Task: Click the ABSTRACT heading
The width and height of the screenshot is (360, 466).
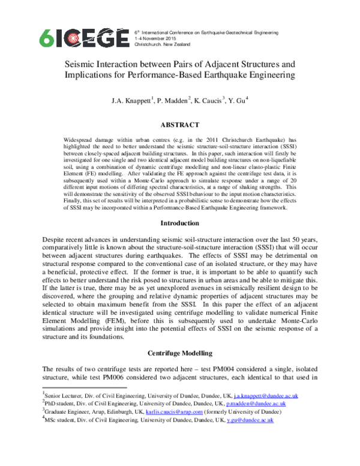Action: coord(179,124)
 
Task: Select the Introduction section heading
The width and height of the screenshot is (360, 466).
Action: coord(179,223)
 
